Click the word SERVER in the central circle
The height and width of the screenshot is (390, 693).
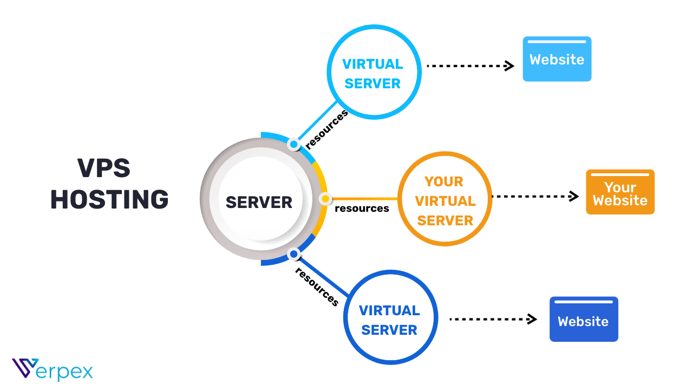259,202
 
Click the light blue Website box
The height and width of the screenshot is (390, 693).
557,60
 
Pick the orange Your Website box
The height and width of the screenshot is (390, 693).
620,193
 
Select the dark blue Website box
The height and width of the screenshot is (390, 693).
583,320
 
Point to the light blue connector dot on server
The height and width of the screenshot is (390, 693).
293,145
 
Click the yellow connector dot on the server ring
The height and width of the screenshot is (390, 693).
325,199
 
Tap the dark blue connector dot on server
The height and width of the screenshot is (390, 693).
293,253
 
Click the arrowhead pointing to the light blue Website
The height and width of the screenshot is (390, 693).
509,66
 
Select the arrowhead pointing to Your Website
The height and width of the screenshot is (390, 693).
574,197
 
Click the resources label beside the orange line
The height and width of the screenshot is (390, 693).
362,209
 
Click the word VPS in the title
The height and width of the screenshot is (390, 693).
104,168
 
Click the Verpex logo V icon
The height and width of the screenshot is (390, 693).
25,368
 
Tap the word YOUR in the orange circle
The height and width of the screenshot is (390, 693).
443,181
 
